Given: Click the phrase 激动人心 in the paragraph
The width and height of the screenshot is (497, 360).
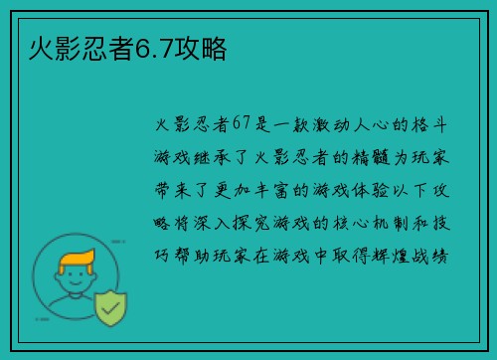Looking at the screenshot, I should click(373, 125).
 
